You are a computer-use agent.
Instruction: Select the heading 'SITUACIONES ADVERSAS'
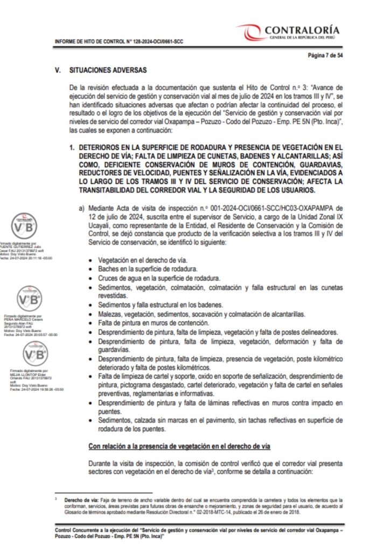108,70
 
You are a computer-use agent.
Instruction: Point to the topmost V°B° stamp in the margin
25,226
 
